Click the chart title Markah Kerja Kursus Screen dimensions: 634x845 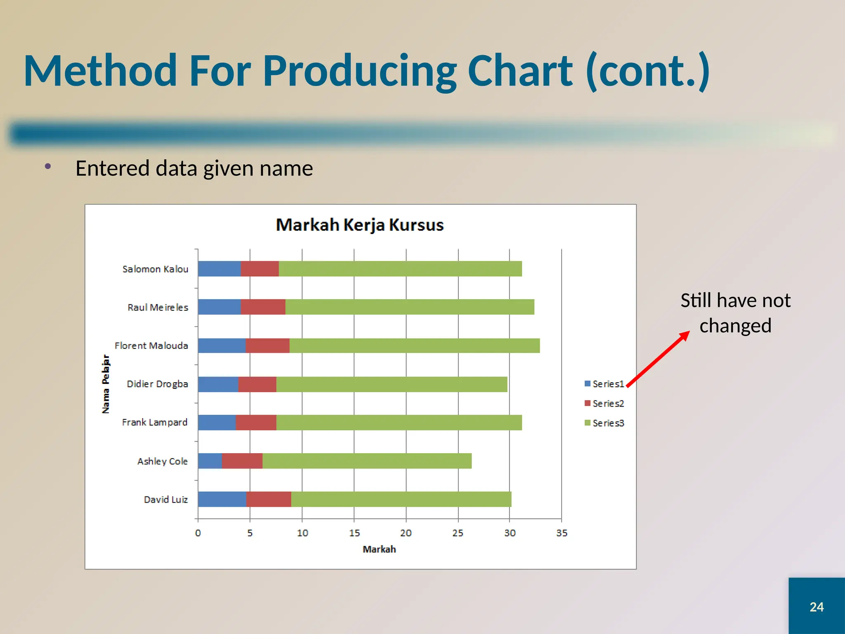pos(359,225)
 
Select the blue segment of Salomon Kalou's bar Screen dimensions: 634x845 pos(219,269)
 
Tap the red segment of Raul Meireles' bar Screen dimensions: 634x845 pos(263,307)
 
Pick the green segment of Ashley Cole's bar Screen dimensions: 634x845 pos(367,461)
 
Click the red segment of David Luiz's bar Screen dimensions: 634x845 pos(268,499)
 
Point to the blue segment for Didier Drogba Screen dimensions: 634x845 pos(218,384)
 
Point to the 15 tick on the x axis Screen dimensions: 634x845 pos(354,533)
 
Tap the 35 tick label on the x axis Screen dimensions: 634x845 pos(562,533)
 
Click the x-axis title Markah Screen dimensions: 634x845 pos(379,549)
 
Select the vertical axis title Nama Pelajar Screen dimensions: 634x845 pos(106,384)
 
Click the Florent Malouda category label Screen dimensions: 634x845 pos(151,346)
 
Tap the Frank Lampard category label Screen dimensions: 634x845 pos(154,423)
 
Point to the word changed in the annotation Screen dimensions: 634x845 pos(735,326)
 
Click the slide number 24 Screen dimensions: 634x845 pos(817,607)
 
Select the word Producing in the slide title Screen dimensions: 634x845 pos(359,71)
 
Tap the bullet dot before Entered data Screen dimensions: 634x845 pos(48,166)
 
